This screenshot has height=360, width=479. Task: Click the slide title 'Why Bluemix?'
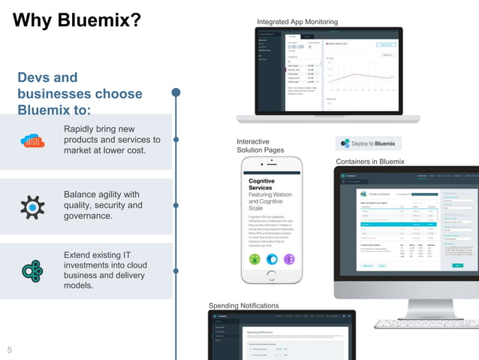coord(77,20)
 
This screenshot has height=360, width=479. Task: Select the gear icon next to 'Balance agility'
coord(32,206)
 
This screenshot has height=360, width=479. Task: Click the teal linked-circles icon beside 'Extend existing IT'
coord(32,271)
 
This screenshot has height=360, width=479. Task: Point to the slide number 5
coord(10,349)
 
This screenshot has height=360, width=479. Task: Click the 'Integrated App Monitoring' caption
coord(297,22)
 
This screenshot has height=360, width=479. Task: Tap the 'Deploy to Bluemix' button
coord(368,144)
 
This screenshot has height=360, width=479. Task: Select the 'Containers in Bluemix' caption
coord(370,162)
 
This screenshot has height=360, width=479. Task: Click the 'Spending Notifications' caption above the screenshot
coord(243,305)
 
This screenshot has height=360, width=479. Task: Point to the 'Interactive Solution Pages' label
coord(260,146)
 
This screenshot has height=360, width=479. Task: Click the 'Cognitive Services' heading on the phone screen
coord(261,185)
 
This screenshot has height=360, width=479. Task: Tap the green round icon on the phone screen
coord(255,259)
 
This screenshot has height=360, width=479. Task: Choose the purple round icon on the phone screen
coord(288,259)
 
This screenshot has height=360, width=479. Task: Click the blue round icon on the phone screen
coord(272,259)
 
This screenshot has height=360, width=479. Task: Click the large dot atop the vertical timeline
coord(176,92)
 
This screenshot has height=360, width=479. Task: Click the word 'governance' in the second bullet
coord(88,216)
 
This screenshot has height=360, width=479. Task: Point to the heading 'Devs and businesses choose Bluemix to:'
coord(80,94)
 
